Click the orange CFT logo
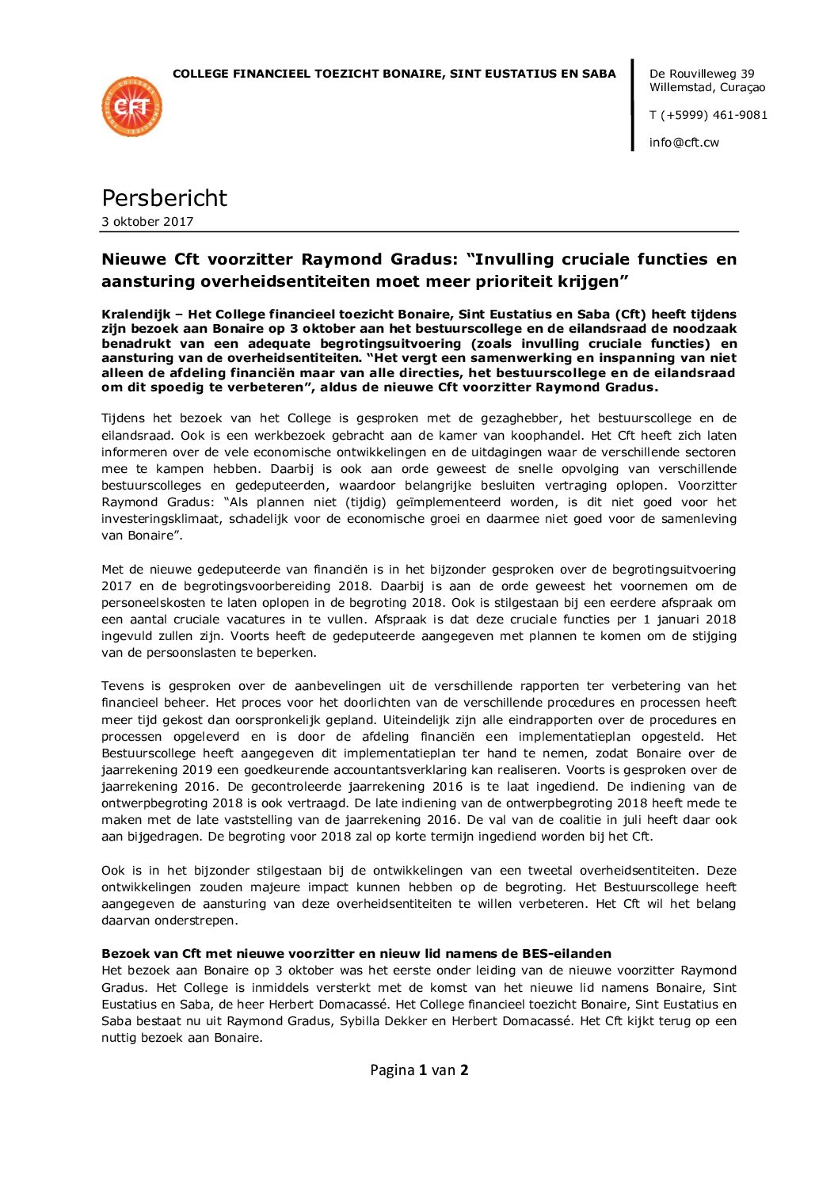coord(132,106)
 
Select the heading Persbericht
coord(164,197)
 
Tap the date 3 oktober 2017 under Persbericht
coord(147,222)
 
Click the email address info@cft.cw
coord(684,143)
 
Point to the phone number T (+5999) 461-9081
coord(708,115)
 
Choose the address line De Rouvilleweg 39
coord(702,74)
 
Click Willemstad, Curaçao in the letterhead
coord(707,87)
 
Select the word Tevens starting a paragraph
coord(122,686)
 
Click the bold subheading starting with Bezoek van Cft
coord(356,954)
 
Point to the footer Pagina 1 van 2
coord(419,1070)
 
